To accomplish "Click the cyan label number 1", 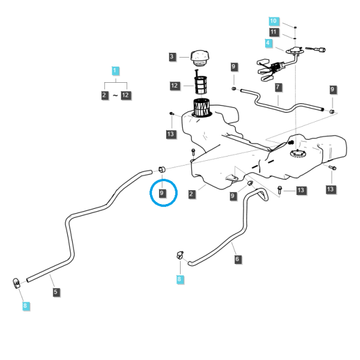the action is (115, 70).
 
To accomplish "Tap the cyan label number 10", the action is (274, 21).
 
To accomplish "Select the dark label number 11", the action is (274, 32).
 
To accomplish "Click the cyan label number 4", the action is (268, 43).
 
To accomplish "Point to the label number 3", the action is (172, 57).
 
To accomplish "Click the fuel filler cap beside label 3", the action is (200, 58).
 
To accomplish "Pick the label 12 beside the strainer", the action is (175, 86).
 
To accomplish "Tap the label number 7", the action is (278, 87).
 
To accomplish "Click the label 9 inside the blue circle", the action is (163, 193).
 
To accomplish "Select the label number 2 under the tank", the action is (191, 194).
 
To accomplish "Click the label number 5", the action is (56, 292).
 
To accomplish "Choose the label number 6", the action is (238, 259).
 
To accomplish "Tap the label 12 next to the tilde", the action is (126, 95).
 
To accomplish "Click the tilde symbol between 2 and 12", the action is (115, 95).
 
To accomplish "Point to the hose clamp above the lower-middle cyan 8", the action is (180, 255).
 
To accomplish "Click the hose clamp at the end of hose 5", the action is (16, 283).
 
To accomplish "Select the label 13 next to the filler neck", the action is (171, 134).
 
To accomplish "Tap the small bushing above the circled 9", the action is (162, 170).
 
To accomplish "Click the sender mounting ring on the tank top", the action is (298, 154).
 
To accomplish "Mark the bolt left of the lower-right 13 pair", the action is (280, 190).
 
